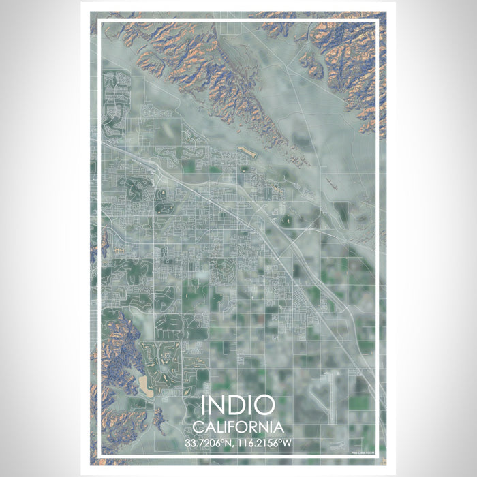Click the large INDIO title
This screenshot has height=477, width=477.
[238, 405]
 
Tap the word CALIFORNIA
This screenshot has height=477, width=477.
[238, 427]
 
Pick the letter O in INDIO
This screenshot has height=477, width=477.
[264, 405]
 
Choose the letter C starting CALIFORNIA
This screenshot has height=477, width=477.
[198, 427]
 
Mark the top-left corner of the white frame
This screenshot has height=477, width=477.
[99, 21]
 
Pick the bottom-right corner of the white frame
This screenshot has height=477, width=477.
[378, 455]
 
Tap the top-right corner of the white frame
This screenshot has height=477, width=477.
[378, 21]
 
